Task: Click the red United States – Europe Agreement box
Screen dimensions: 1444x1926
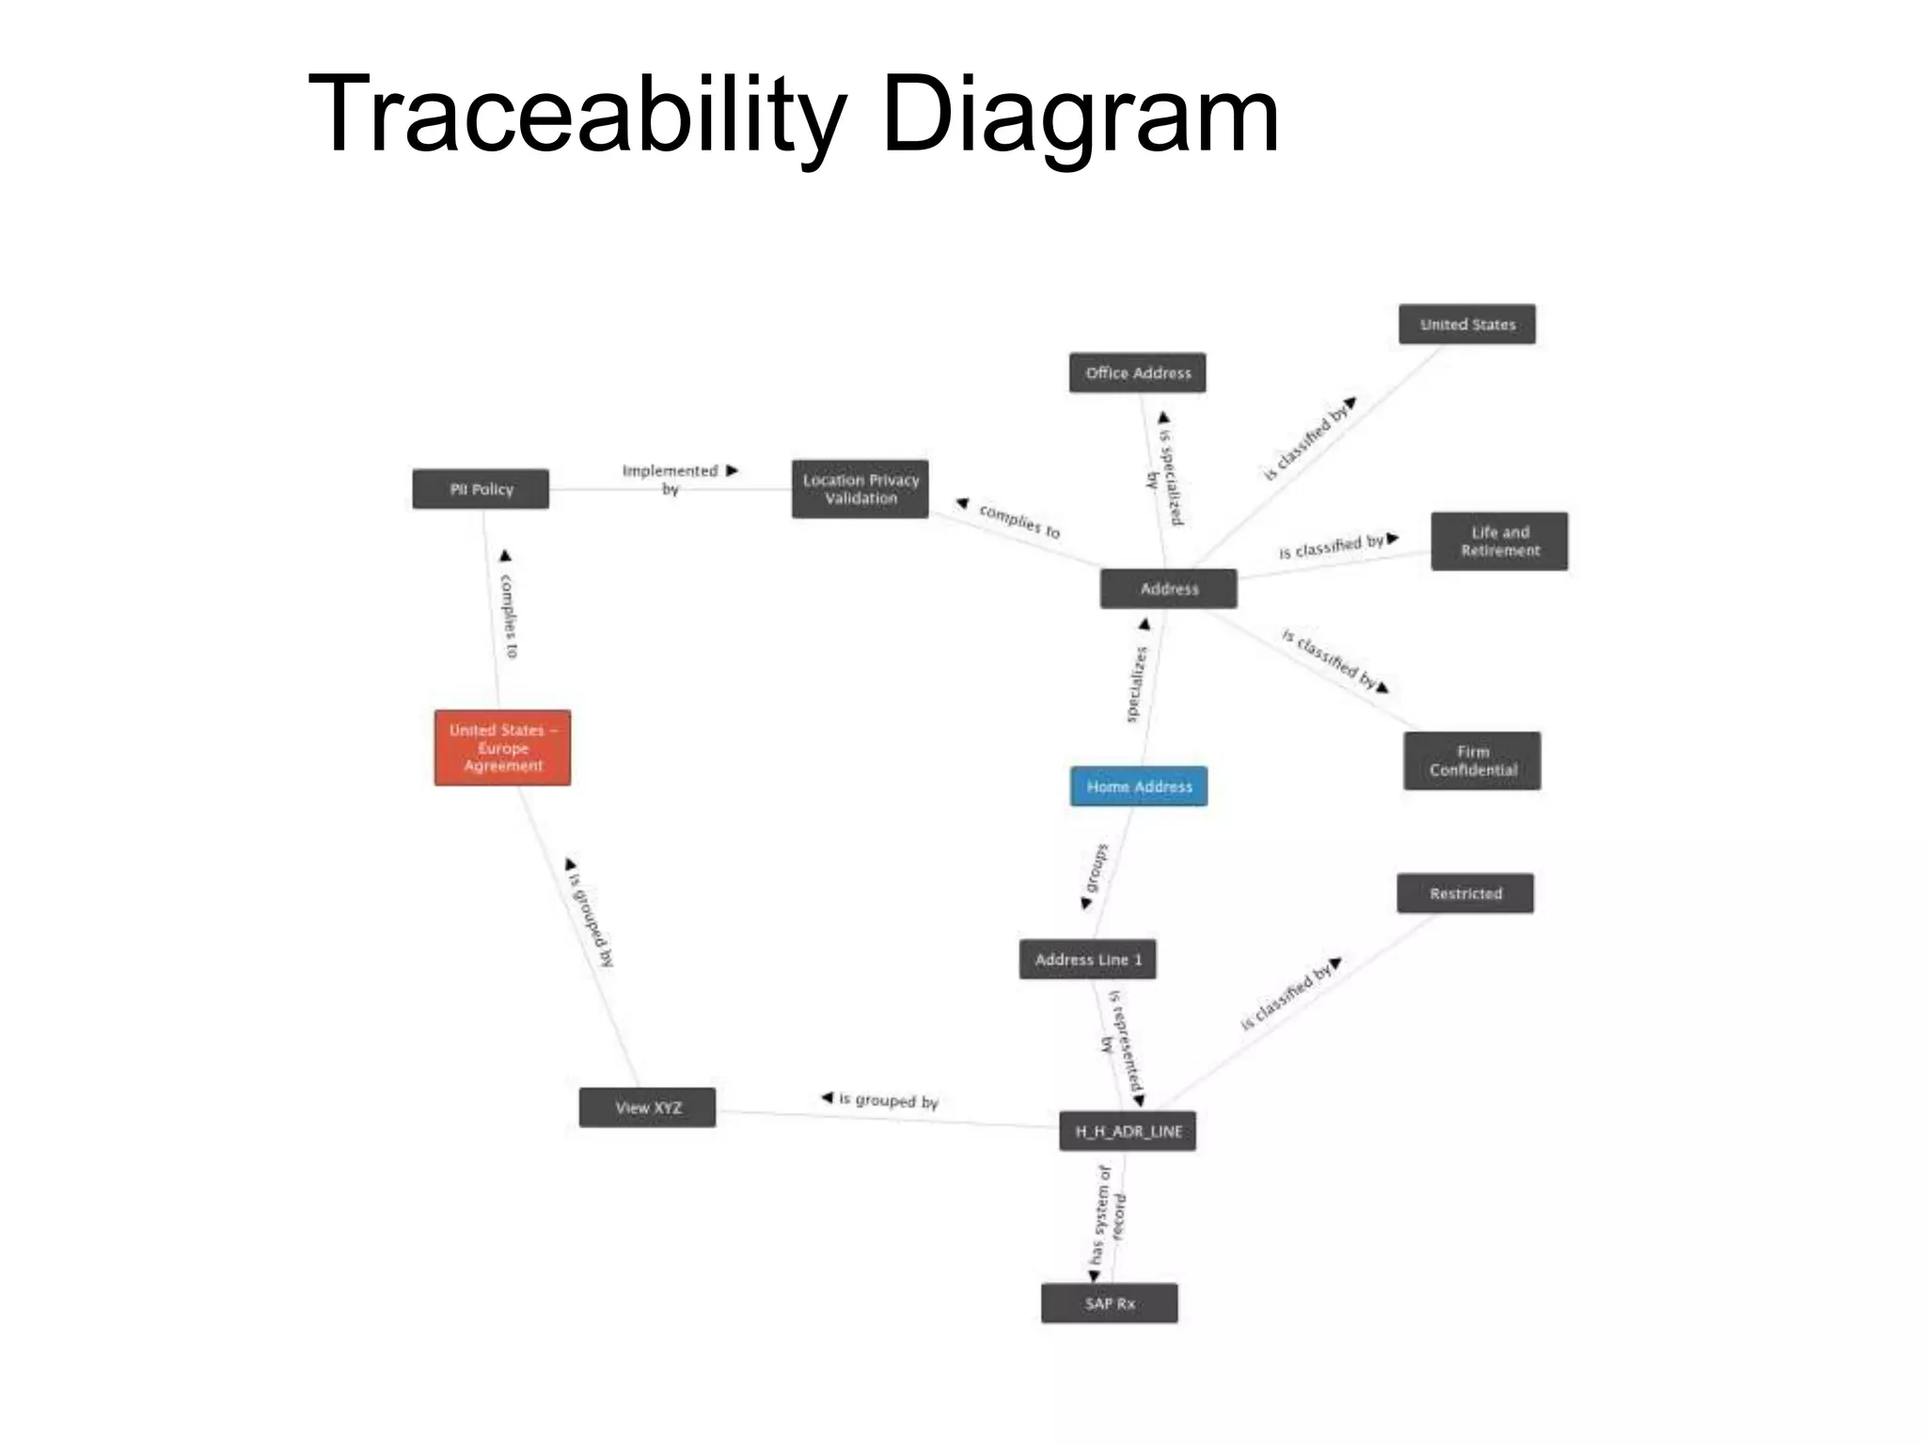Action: click(502, 747)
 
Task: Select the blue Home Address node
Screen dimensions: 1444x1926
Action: click(1139, 786)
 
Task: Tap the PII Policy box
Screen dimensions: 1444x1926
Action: click(481, 489)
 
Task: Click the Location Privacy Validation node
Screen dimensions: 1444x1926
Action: click(860, 489)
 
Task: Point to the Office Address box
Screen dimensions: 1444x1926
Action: click(1137, 373)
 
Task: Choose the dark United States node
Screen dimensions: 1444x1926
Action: click(1467, 324)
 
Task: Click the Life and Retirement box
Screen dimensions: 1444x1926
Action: click(1499, 541)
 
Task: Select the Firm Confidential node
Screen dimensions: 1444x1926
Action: click(1472, 761)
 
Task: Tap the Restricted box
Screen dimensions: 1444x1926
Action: click(1465, 893)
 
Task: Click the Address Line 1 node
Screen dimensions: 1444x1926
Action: click(1088, 960)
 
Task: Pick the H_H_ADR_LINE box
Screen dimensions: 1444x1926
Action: click(1128, 1131)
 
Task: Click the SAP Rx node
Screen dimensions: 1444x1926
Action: click(1110, 1303)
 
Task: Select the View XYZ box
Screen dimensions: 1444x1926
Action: click(648, 1107)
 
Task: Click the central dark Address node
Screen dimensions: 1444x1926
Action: click(1169, 589)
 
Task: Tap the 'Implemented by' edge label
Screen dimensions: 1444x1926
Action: click(671, 479)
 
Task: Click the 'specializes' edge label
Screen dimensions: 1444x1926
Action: click(1137, 684)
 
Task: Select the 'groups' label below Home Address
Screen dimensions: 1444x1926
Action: click(1097, 869)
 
